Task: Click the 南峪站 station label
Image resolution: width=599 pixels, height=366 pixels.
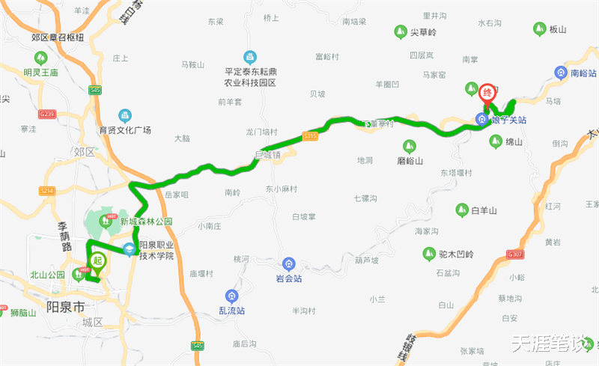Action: pyautogui.click(x=583, y=73)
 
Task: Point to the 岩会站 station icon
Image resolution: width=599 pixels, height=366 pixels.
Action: pyautogui.click(x=288, y=264)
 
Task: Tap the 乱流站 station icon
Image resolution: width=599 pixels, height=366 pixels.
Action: pyautogui.click(x=231, y=296)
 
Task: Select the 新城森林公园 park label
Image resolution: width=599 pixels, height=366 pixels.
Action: pyautogui.click(x=146, y=222)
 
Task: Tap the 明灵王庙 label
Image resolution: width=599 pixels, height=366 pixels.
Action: pyautogui.click(x=40, y=73)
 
